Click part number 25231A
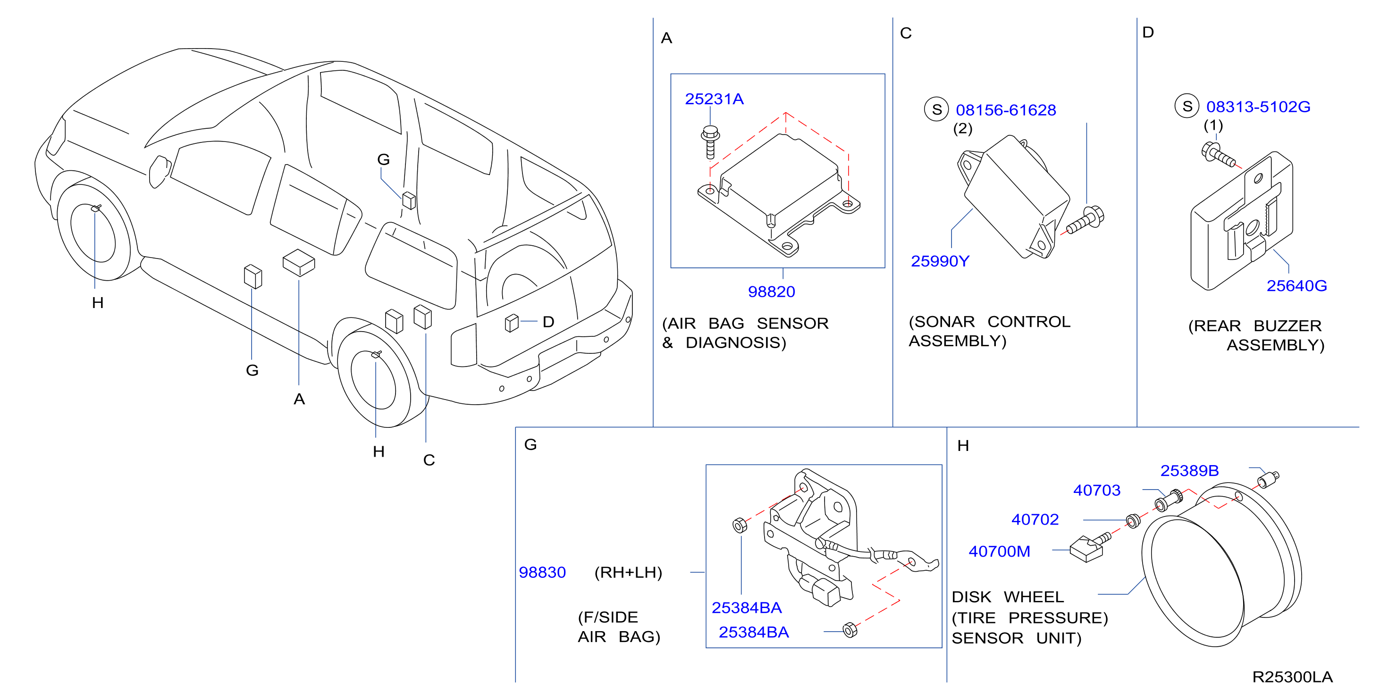(714, 99)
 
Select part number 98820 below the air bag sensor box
(771, 292)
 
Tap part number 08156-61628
(1005, 110)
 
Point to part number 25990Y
(940, 261)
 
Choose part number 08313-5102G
(1258, 107)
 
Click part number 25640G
(1296, 286)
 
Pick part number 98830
(542, 573)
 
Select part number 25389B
(1189, 471)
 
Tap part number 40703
(1096, 490)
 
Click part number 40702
(1035, 519)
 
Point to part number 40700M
(999, 551)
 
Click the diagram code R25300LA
(1292, 677)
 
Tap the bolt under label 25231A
(710, 142)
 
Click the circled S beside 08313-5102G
(1187, 106)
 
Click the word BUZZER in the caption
(1288, 326)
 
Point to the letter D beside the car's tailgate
(548, 322)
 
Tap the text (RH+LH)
(628, 573)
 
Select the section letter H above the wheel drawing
(963, 446)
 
